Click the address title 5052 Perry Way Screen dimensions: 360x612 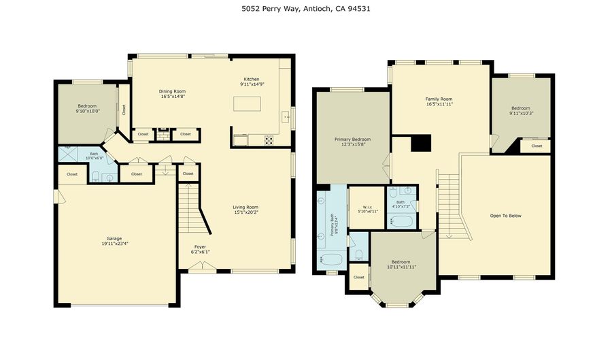click(305, 9)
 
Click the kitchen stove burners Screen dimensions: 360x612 click(269, 141)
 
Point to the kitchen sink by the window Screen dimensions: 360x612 click(286, 117)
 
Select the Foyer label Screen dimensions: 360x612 click(200, 247)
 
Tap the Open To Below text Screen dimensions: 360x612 click(505, 216)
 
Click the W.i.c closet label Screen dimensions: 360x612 click(367, 207)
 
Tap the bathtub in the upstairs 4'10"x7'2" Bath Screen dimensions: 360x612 click(401, 221)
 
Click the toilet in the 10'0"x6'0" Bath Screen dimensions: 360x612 click(97, 177)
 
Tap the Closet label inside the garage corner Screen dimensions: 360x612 click(72, 174)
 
